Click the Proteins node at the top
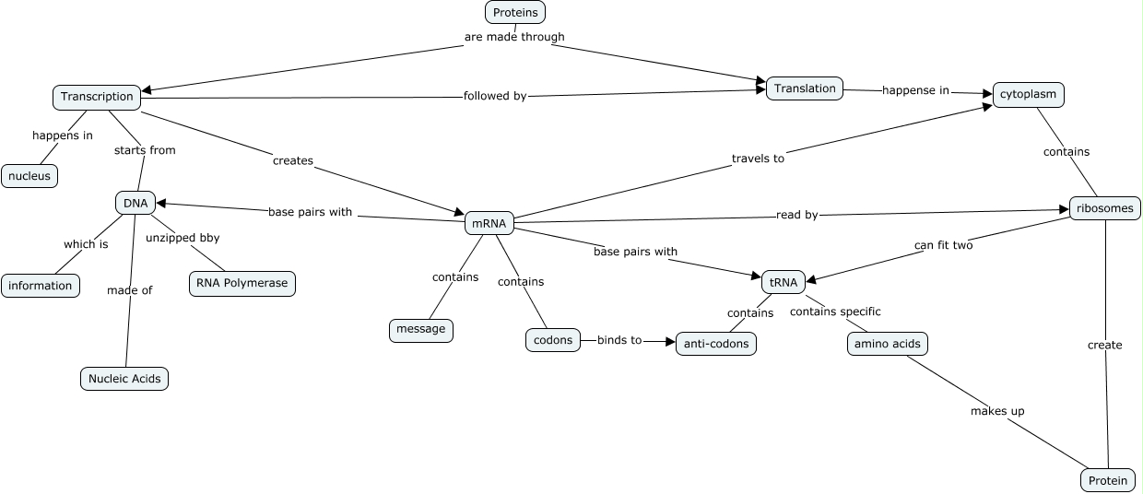(x=515, y=12)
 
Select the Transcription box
(x=97, y=97)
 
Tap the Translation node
(x=805, y=88)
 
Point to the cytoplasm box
(x=1028, y=95)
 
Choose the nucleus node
(x=29, y=176)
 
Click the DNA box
(x=136, y=203)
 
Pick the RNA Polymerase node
(x=242, y=283)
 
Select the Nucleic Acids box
(x=124, y=378)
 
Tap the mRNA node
(x=489, y=223)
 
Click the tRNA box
(x=784, y=283)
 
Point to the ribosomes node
(x=1104, y=208)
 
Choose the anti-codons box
(x=716, y=344)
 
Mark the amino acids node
(x=888, y=344)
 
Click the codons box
(x=553, y=340)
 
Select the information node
(x=41, y=286)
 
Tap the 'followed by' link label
(x=495, y=96)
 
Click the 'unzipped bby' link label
(x=183, y=238)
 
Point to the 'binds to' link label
(x=619, y=340)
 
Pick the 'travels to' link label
(x=758, y=159)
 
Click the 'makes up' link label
(x=997, y=411)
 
